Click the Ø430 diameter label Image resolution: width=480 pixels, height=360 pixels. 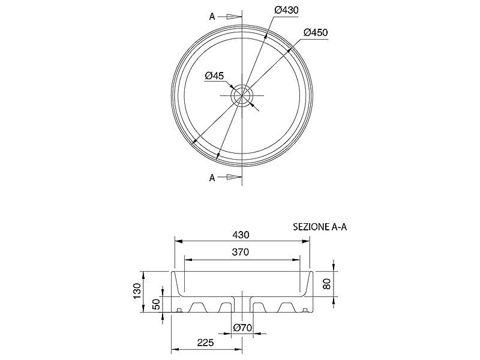286,10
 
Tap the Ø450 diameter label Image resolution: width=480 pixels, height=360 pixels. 316,32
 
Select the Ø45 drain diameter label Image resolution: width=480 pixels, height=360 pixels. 215,76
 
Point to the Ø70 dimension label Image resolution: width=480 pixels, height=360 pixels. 242,328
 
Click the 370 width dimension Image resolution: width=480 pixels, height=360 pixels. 241,252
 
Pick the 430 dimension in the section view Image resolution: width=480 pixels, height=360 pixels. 241,235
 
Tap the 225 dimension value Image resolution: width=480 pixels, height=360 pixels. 205,343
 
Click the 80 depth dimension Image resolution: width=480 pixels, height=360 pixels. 327,284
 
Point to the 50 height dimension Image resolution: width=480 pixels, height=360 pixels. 156,304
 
